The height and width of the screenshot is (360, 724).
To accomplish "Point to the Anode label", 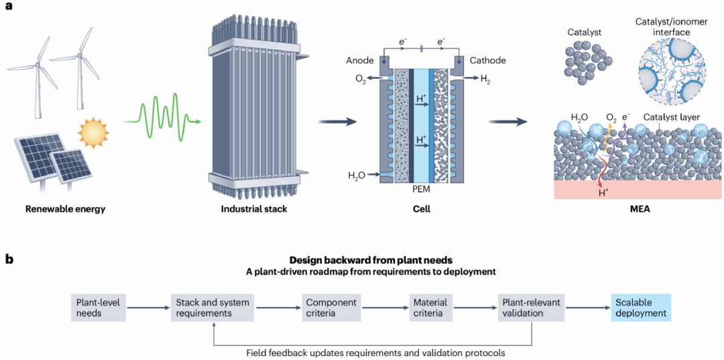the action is pos(358,60).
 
